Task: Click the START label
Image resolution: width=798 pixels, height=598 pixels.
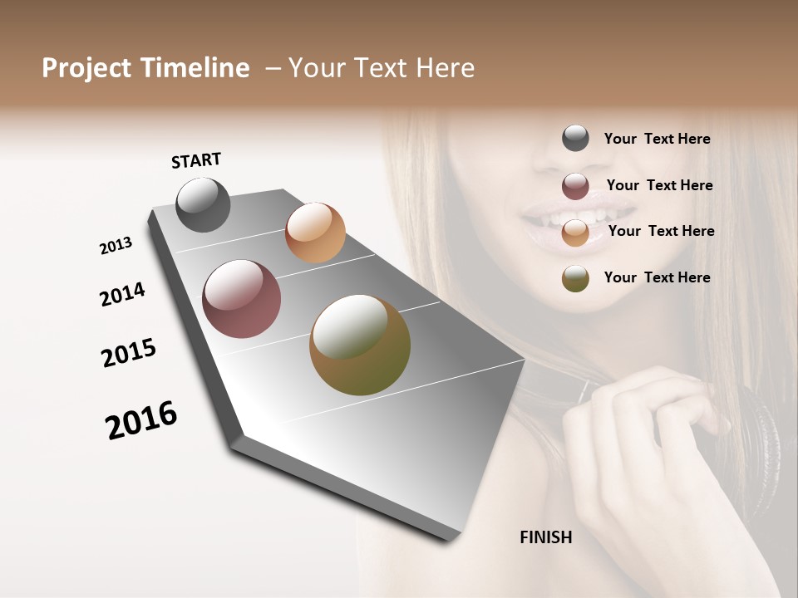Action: click(196, 160)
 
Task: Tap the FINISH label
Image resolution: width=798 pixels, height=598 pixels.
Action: click(545, 537)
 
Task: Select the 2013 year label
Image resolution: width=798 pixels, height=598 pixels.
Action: click(116, 246)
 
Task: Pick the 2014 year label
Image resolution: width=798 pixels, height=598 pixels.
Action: click(122, 295)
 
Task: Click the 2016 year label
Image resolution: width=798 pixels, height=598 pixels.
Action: click(141, 420)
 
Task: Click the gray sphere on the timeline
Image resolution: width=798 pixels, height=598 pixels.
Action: click(203, 205)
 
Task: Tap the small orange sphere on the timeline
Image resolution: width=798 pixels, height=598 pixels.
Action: click(315, 233)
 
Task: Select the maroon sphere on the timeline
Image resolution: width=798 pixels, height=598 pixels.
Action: click(242, 299)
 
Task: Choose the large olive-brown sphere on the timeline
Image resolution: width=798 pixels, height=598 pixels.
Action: click(360, 345)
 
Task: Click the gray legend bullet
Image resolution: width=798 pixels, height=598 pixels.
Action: click(575, 139)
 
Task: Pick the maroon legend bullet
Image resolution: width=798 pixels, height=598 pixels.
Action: click(575, 186)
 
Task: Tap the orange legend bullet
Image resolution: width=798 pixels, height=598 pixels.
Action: click(575, 233)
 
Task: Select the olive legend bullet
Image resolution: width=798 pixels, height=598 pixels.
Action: click(575, 278)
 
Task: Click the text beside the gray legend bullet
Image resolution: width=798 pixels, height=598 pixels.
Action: click(657, 140)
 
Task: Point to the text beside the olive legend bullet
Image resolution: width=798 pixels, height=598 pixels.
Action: click(657, 277)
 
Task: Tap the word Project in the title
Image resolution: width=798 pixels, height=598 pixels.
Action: click(86, 68)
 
